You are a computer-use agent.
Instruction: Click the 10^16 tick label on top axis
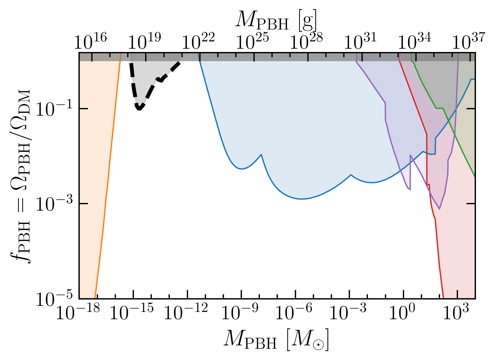pyautogui.click(x=90, y=41)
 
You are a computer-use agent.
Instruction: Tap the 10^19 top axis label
pyautogui.click(x=144, y=41)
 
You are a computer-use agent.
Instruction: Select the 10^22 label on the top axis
pyautogui.click(x=198, y=41)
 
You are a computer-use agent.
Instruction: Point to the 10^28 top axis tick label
pyautogui.click(x=306, y=41)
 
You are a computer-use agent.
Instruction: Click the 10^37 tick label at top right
pyautogui.click(x=469, y=41)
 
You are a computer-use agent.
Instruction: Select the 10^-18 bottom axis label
pyautogui.click(x=78, y=311)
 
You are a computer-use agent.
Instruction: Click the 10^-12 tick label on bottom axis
pyautogui.click(x=186, y=311)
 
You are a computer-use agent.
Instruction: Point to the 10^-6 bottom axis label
pyautogui.click(x=294, y=311)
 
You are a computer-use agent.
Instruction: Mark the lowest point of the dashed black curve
pyautogui.click(x=139, y=109)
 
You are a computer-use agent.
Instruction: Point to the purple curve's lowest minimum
pyautogui.click(x=439, y=209)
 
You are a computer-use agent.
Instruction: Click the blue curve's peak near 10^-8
pyautogui.click(x=261, y=155)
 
